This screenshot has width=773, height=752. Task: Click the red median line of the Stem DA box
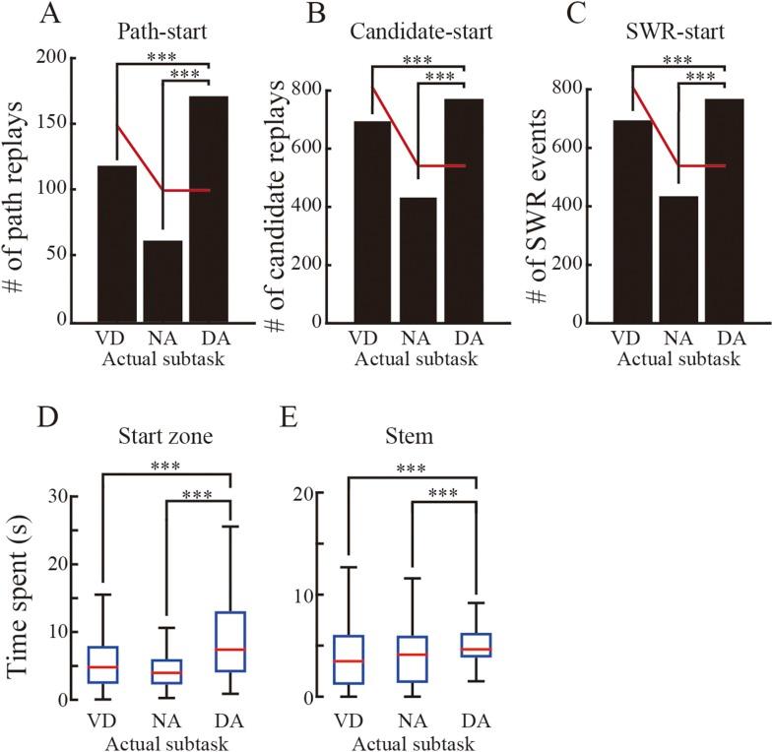(476, 649)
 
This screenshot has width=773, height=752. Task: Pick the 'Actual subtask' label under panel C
(677, 360)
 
